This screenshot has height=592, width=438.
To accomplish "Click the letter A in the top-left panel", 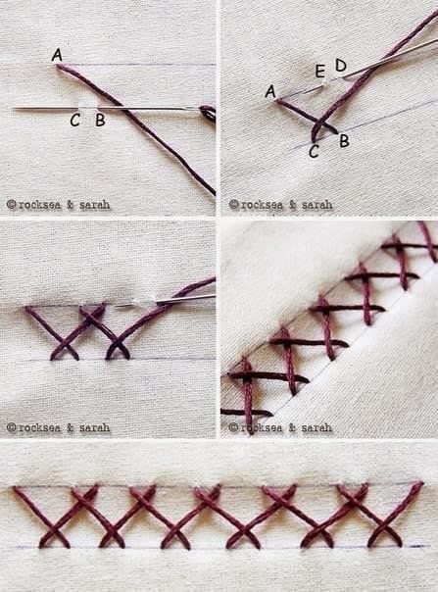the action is pos(57,55).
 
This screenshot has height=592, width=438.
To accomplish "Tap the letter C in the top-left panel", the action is pos(75,121).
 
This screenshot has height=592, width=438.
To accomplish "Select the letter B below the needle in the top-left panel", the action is pos(100,120).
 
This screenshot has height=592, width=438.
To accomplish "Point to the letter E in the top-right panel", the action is pos(320,71).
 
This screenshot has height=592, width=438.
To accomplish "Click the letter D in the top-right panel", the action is pos(341,66).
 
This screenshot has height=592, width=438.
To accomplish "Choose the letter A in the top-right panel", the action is pos(270,91).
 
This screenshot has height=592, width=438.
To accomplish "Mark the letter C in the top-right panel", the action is pos(314,152).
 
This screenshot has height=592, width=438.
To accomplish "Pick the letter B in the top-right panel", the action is pos(344,141).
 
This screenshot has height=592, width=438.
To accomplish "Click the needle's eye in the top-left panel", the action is pos(207,112).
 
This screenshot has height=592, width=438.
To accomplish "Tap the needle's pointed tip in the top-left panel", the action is pos(14,109).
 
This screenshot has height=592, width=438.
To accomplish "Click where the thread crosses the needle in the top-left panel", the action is pos(123,109).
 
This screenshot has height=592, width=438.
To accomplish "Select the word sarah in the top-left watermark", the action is pos(94,205).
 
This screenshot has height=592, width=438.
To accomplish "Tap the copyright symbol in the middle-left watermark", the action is pos(12,427).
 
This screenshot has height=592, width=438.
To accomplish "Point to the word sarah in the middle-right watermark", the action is pos(316,427).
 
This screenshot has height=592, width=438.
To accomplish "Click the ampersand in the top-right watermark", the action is pos(292,205).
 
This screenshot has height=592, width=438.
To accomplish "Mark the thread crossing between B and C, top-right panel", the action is pos(319,123).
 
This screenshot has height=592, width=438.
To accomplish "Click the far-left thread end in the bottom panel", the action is pos(15,488).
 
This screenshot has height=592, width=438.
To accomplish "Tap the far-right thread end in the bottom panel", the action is pos(420,483).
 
